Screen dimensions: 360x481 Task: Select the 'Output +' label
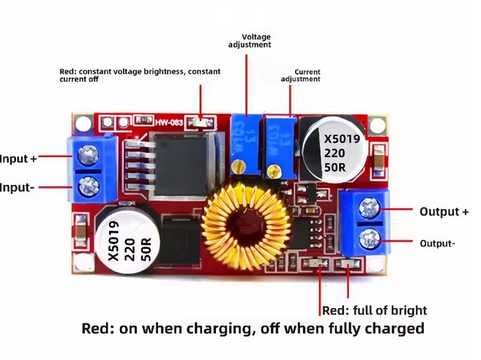tap(444, 211)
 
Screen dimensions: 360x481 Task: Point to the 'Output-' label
tap(437, 243)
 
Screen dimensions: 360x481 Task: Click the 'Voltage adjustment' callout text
tap(250, 40)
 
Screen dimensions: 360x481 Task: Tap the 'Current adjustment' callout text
tap(300, 75)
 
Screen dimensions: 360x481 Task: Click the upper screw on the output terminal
tap(365, 209)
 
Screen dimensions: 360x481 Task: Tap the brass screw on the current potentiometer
tap(272, 172)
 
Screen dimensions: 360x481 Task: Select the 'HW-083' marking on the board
tap(167, 121)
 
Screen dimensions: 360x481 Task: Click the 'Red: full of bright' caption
tap(375, 310)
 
